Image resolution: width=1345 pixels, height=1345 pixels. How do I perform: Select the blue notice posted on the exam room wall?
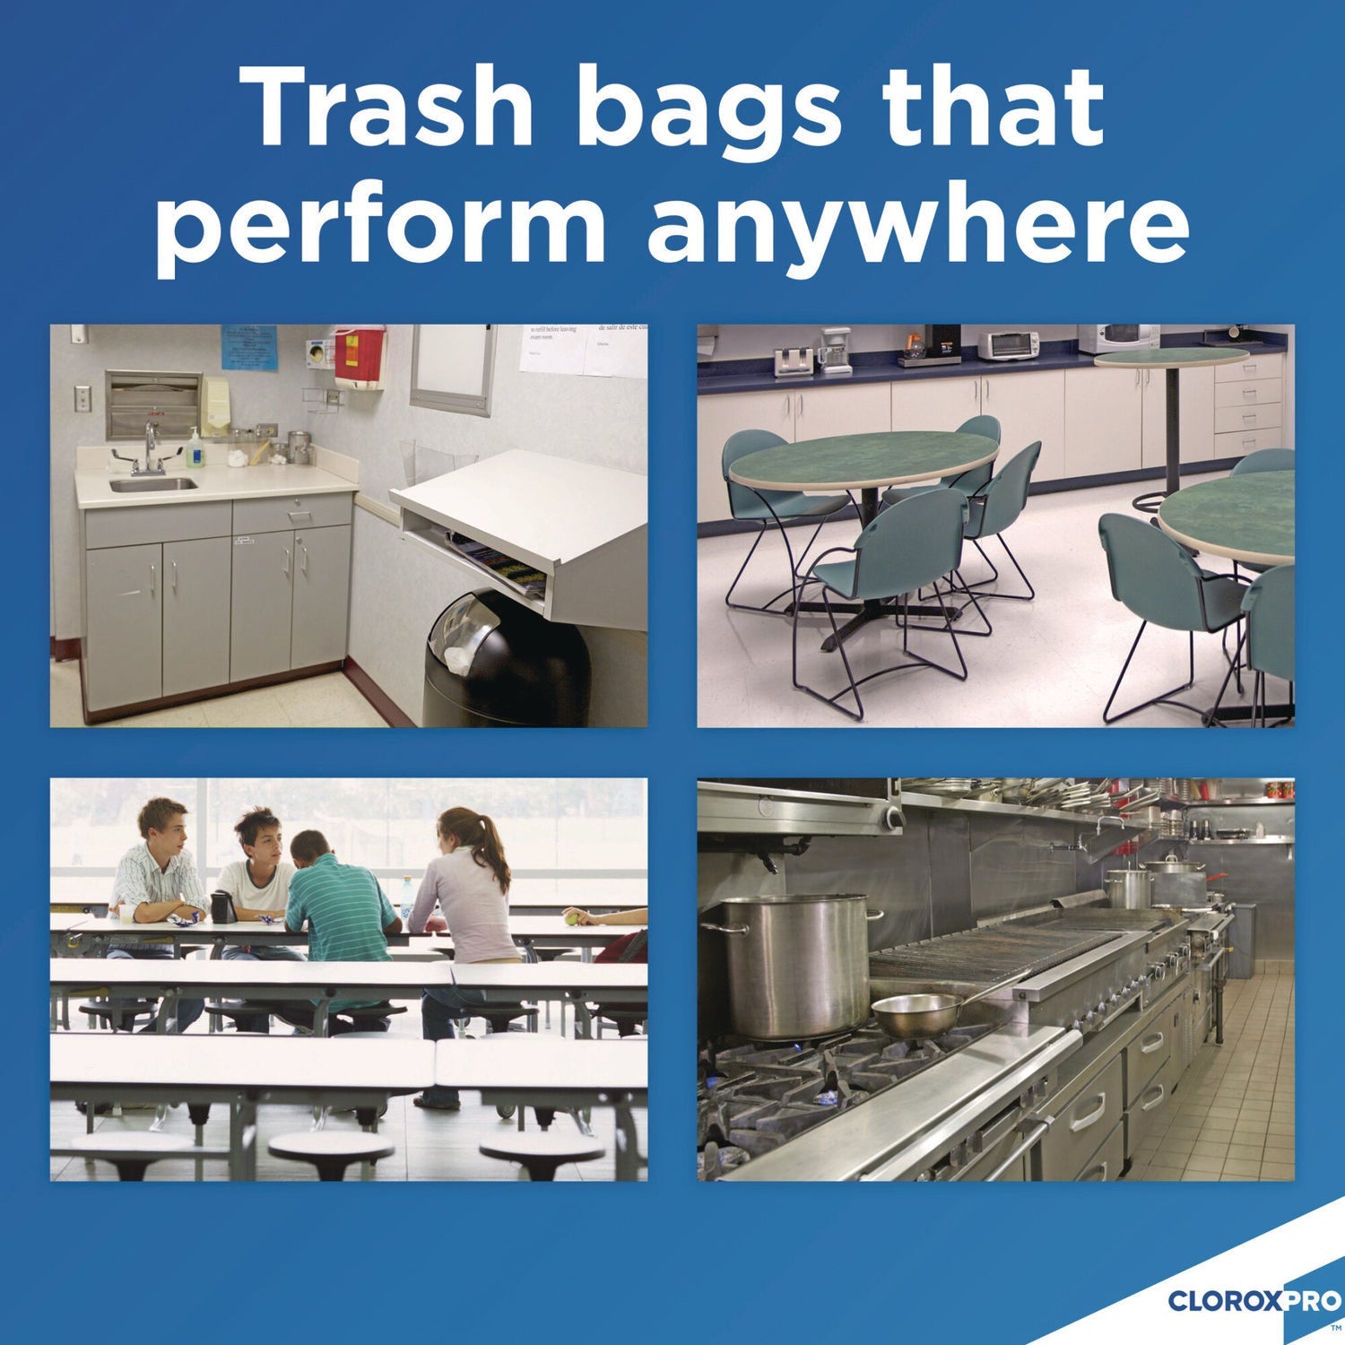coord(249,348)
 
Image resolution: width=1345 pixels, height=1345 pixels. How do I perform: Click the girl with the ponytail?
coord(466,888)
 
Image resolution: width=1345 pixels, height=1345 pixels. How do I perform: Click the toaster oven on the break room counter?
coord(1008,344)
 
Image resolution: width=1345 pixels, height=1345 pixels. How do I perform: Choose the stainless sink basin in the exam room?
coord(153,484)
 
